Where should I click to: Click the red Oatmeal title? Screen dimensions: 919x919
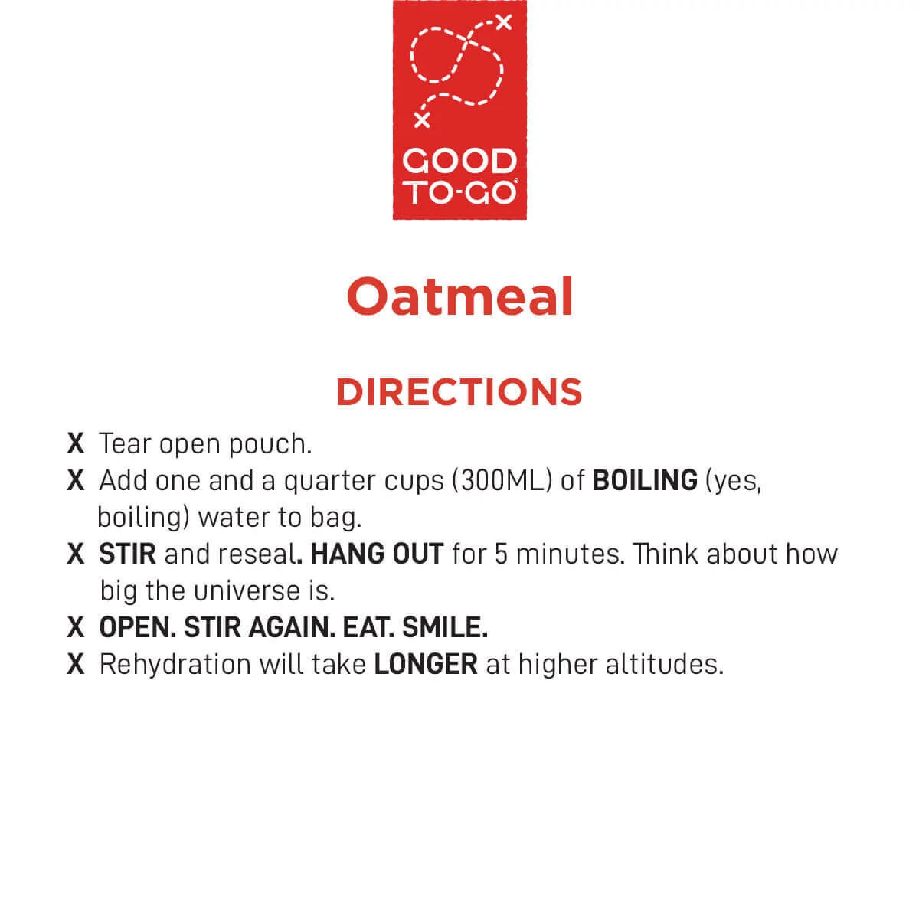click(459, 296)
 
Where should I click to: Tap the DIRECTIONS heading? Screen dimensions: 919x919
click(459, 392)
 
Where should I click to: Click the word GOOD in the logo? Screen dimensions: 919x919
click(459, 161)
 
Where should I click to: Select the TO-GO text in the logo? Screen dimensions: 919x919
click(459, 193)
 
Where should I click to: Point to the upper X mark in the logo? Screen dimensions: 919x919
click(504, 22)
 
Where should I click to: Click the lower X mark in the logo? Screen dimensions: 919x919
click(421, 119)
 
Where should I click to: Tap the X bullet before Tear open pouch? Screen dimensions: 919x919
click(76, 444)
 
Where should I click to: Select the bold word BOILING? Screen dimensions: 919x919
click(645, 480)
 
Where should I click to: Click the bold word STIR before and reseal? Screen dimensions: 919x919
click(127, 554)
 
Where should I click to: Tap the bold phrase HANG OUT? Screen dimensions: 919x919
click(377, 554)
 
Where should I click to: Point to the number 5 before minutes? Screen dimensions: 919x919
click(501, 554)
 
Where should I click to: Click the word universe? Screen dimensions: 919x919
click(247, 591)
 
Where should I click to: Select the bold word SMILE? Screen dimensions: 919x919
click(445, 628)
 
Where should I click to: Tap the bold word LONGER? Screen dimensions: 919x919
click(426, 664)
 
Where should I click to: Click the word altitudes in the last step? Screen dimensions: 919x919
click(664, 664)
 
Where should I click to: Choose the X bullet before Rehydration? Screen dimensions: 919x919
click(76, 664)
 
